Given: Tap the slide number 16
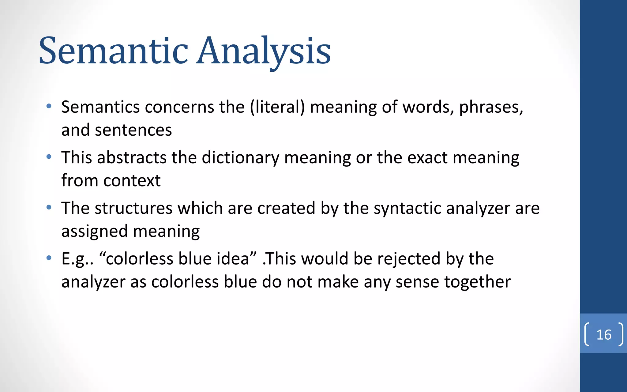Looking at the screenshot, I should [x=604, y=334].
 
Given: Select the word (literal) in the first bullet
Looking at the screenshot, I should [x=277, y=107].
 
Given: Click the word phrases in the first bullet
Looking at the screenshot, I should [x=491, y=107].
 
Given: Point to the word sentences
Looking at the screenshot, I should [x=133, y=130].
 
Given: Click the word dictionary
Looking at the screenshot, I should [x=240, y=158].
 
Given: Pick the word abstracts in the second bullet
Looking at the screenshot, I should [x=132, y=158].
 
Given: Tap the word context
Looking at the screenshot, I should [x=132, y=181].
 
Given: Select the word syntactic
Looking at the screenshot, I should [x=407, y=208].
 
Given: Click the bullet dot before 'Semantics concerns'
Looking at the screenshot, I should [x=49, y=107].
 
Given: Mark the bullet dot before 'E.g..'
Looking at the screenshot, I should [x=49, y=258].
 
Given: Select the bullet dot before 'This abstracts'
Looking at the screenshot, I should [x=49, y=157].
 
